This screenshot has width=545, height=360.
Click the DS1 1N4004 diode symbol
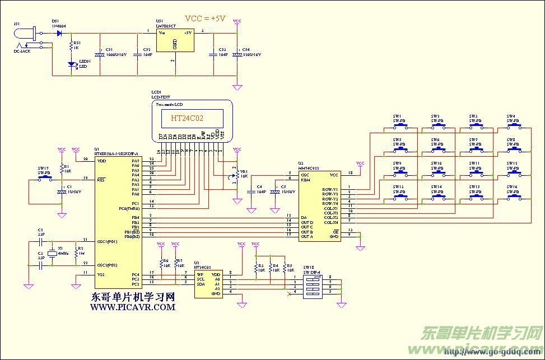pyautogui.click(x=59, y=33)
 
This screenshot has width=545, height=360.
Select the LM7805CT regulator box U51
pyautogui.click(x=174, y=41)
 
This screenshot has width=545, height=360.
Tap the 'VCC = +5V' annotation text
pyautogui.click(x=205, y=18)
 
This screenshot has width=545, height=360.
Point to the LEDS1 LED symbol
pyautogui.click(x=71, y=64)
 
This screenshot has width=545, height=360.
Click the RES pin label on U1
pyautogui.click(x=102, y=180)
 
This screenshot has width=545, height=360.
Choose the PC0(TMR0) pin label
pyautogui.click(x=127, y=208)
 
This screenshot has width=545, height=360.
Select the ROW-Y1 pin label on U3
pyautogui.click(x=329, y=190)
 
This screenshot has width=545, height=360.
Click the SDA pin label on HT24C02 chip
pyautogui.click(x=199, y=284)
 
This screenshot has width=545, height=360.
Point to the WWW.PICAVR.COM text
pyautogui.click(x=133, y=307)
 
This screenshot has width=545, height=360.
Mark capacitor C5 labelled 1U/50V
pyautogui.click(x=275, y=191)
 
